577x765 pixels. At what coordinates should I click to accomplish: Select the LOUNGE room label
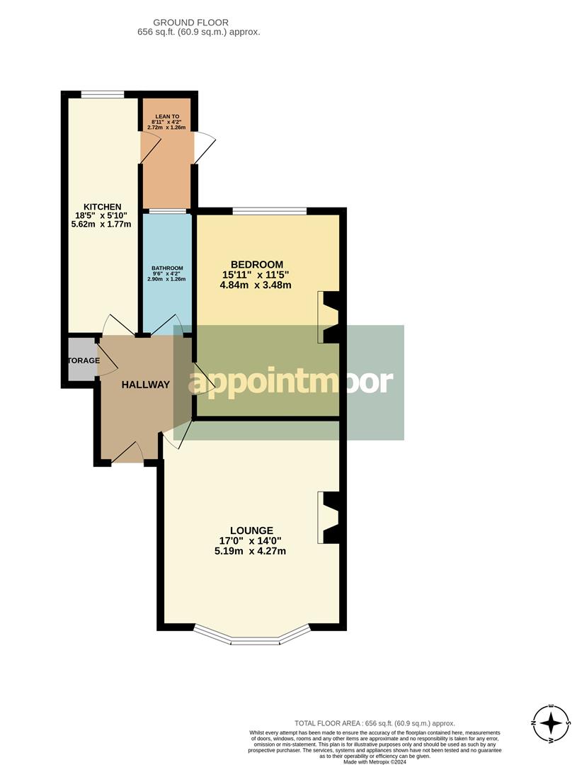tap(251, 530)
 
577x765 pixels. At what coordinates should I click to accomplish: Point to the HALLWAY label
tap(146, 385)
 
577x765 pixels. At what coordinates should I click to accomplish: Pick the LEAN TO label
tap(166, 114)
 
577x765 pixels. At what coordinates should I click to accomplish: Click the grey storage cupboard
tap(81, 361)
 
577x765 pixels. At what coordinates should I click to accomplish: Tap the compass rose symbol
tap(551, 724)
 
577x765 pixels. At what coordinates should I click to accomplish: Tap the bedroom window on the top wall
tap(270, 210)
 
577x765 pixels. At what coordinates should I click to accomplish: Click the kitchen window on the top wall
tap(103, 93)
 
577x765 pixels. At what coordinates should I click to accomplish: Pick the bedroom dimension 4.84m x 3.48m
tap(256, 285)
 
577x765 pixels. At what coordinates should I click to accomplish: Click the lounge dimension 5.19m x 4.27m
tap(251, 551)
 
